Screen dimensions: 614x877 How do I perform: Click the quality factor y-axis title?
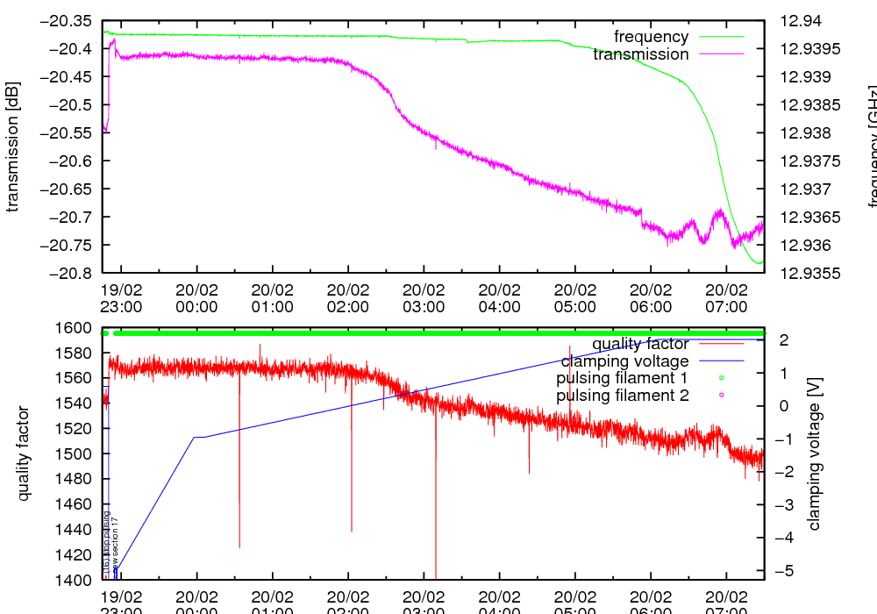click(x=24, y=453)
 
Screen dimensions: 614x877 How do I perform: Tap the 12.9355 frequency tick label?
click(x=804, y=273)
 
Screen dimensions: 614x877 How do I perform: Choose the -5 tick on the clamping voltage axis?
click(x=781, y=571)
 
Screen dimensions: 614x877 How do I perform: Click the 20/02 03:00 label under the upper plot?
click(x=424, y=298)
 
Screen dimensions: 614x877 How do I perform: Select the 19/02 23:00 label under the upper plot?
click(x=121, y=298)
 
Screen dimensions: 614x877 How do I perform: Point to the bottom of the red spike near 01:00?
click(x=239, y=547)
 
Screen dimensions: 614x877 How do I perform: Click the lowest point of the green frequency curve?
click(x=760, y=263)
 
